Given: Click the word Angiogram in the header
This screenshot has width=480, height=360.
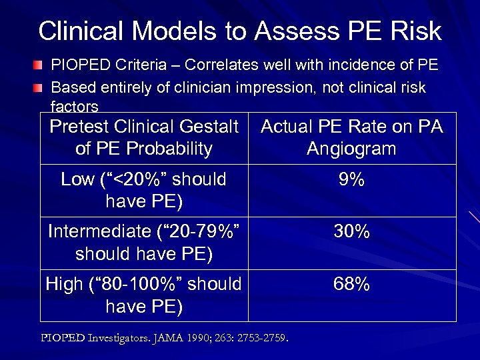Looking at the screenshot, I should [x=351, y=148].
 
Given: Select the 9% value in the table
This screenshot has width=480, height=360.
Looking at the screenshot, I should [x=351, y=179].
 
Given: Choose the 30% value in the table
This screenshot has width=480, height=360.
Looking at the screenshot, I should [x=351, y=232].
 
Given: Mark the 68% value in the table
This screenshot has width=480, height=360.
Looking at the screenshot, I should [x=351, y=285].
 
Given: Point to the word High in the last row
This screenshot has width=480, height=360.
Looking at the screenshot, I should [x=64, y=285].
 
